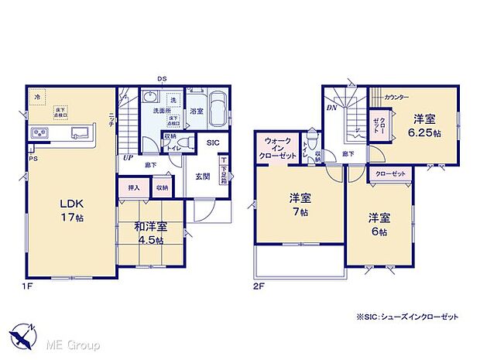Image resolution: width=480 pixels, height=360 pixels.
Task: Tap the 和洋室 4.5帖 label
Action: [150, 233]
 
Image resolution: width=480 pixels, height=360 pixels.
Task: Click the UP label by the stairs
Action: [125, 157]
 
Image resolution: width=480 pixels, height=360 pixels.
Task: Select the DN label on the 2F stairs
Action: [331, 110]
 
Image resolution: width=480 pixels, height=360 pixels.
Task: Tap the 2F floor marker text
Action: [258, 286]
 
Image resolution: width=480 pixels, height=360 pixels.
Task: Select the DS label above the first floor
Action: [162, 78]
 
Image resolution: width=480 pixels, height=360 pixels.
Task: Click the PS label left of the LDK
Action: [32, 159]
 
